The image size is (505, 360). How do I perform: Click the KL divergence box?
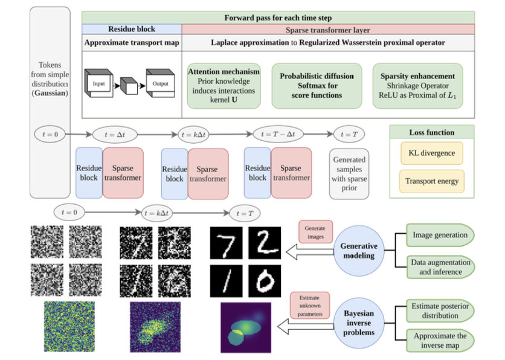point(432,153)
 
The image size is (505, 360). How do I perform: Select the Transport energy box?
point(432,181)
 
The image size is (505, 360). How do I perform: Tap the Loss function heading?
point(432,132)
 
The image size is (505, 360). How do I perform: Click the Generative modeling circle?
point(360,251)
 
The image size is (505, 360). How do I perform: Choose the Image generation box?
point(440,235)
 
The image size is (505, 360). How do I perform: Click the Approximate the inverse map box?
point(440,341)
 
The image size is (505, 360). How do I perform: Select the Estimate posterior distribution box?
point(440,310)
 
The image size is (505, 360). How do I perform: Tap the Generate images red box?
point(315,233)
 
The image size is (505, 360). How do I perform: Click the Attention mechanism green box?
point(224,86)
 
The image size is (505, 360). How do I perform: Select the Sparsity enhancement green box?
point(417,86)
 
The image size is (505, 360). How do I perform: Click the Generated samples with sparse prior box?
point(350,173)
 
